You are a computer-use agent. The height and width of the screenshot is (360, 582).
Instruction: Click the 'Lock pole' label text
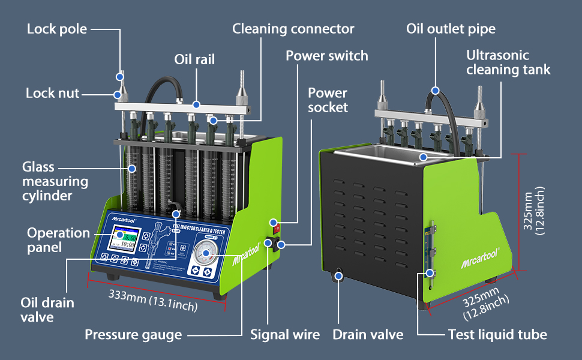57,29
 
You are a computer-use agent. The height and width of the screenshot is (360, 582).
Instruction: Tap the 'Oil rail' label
194,59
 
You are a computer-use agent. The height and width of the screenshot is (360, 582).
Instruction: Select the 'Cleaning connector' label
293,29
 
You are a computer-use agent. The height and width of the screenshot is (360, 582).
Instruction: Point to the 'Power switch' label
326,56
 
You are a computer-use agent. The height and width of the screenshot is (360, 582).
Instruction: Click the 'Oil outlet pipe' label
451,29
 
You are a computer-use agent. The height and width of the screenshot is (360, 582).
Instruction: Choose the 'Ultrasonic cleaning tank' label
508,62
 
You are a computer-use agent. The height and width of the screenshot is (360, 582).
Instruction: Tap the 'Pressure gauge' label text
133,334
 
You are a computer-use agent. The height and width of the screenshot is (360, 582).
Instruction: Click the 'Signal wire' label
285,334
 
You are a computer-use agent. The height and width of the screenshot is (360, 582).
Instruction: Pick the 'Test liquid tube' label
497,334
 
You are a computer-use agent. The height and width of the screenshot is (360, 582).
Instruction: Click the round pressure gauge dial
206,254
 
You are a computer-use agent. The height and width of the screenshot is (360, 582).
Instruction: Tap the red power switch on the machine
277,227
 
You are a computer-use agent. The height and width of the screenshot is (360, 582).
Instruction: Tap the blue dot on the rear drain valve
339,276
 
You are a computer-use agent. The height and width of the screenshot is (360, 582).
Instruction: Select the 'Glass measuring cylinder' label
55,181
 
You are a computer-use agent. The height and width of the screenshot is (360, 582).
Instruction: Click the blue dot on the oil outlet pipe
435,91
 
